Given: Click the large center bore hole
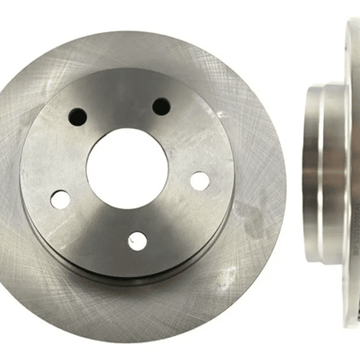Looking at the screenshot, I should coord(127,168).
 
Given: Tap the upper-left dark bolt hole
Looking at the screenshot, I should coord(78,117).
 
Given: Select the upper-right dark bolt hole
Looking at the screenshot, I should coord(161,106).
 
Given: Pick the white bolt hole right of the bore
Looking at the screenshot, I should coord(200,181).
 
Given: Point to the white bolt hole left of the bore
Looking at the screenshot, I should coord(61,199).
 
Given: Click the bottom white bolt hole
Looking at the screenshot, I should coord(137,241).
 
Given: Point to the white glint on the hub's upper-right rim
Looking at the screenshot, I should coord(220,115).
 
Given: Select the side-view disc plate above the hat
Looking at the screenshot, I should coord(353,50).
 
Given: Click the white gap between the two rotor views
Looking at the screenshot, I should coord(295,175).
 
